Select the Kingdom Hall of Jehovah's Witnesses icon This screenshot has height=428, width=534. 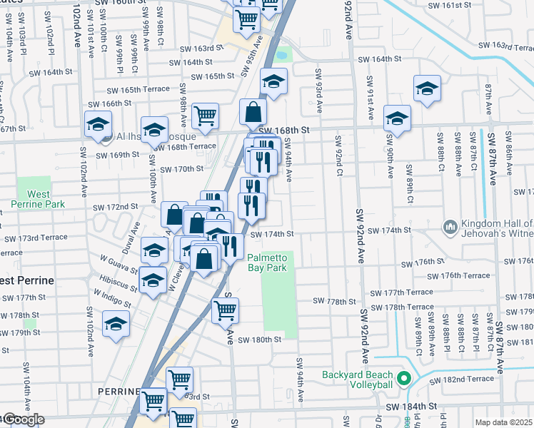point(450,226)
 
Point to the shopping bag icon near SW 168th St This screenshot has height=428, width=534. point(253,112)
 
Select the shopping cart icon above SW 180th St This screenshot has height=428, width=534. point(226,310)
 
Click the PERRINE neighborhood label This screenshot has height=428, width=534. point(119,392)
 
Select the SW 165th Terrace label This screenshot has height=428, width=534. point(138,90)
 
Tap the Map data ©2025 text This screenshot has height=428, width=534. point(504,422)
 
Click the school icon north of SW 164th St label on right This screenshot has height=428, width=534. point(427,88)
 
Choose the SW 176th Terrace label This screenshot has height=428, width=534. point(458,276)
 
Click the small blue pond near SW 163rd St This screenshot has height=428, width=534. point(281,54)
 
